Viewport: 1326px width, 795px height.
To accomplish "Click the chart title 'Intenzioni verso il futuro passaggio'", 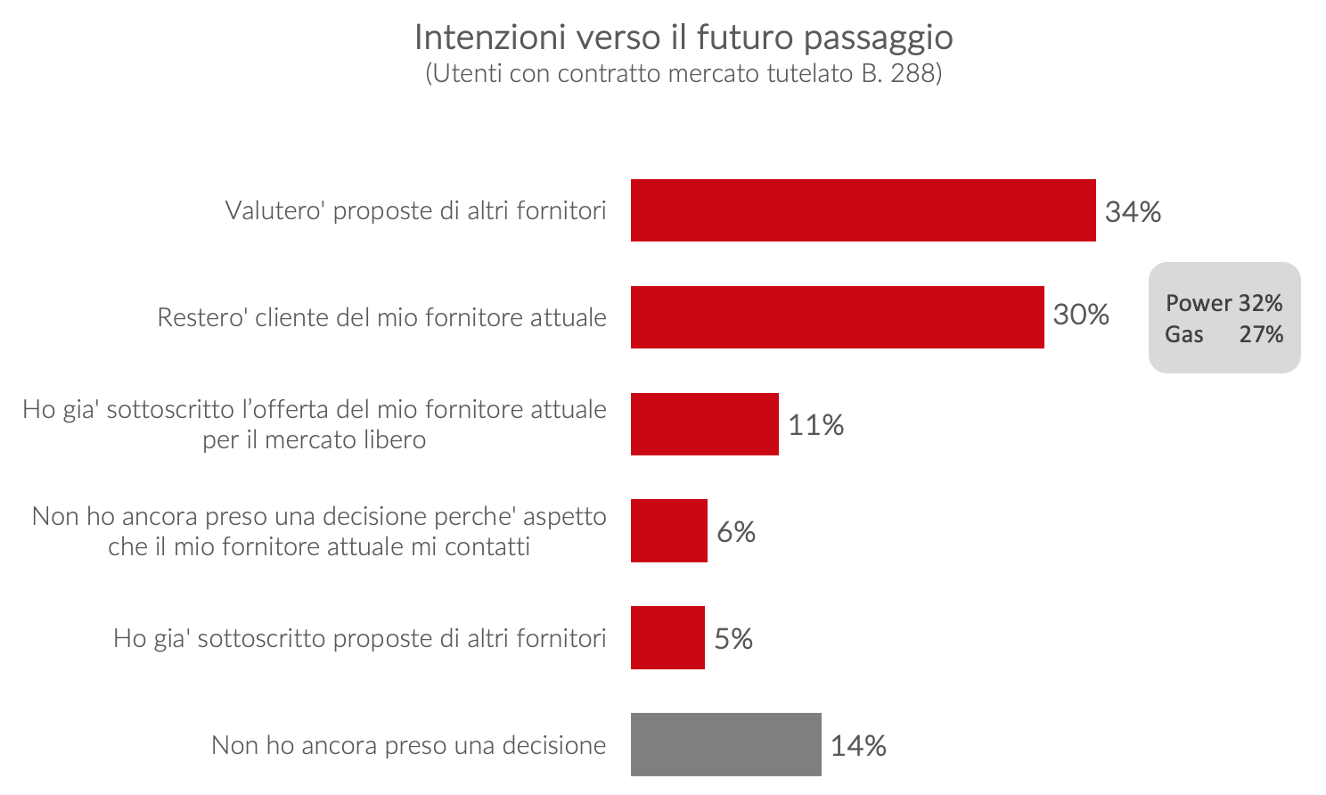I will click(x=683, y=37).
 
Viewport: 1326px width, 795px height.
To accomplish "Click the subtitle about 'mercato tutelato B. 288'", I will click(x=683, y=73).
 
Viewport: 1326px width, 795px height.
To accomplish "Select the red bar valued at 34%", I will click(x=863, y=210).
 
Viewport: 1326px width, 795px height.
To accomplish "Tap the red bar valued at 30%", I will click(x=837, y=317).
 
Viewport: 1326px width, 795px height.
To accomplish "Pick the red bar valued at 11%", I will click(x=704, y=424).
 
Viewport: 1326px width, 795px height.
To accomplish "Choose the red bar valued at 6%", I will click(x=668, y=531).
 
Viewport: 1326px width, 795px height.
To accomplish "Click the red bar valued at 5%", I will click(x=667, y=638).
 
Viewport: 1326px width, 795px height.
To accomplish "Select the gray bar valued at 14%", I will click(x=725, y=745).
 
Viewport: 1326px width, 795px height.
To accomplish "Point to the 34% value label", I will click(x=1133, y=211).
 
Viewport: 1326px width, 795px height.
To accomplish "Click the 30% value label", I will click(x=1081, y=315).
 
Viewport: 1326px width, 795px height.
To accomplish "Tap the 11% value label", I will click(x=815, y=425).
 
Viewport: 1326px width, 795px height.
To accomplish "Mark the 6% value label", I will click(x=736, y=532).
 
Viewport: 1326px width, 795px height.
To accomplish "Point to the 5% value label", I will click(x=733, y=639).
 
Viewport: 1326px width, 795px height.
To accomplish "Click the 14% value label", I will click(x=858, y=746).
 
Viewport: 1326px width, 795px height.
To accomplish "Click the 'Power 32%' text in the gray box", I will click(x=1224, y=303).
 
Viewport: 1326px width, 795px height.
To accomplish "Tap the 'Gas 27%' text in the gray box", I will click(x=1224, y=334).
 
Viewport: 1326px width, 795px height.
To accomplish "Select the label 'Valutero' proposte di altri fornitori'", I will click(x=415, y=210).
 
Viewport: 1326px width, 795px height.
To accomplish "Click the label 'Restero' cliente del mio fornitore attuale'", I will click(x=381, y=317).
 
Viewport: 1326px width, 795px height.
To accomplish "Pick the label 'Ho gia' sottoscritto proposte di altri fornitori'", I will click(x=359, y=638).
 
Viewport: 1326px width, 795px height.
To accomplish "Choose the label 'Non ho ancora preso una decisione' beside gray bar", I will click(x=408, y=745).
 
